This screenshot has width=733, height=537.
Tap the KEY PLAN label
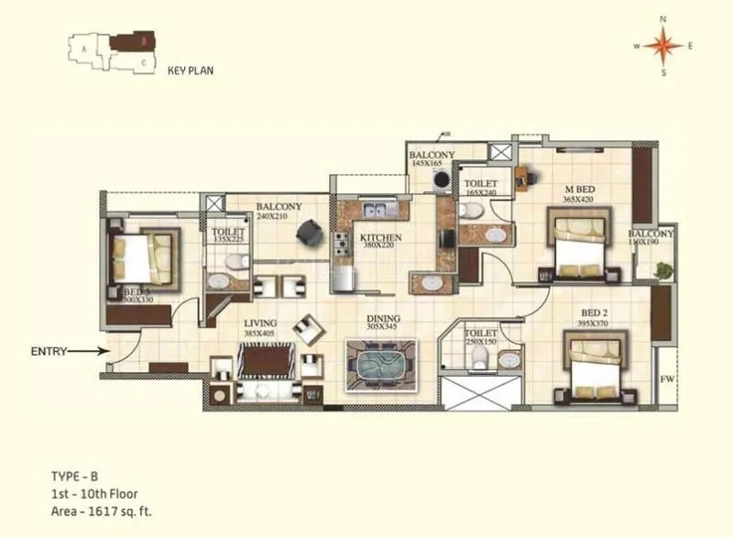coord(191,70)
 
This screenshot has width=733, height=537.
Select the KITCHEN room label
coord(379,236)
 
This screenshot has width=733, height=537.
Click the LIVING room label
coord(259,323)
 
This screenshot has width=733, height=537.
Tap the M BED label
coord(581,190)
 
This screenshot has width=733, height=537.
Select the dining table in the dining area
coord(379,365)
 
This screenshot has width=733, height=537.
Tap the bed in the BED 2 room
coord(595,366)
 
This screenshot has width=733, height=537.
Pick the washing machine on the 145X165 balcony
coord(442,181)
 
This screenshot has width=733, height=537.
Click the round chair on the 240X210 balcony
coord(305,235)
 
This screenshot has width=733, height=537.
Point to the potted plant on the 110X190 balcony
coord(662,270)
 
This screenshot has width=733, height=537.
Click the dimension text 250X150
coord(480,342)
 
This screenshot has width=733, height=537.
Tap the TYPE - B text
coord(72,477)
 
